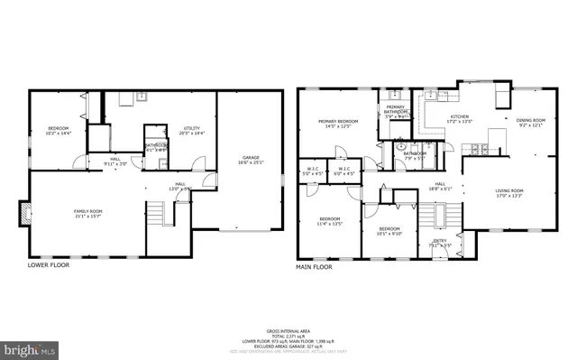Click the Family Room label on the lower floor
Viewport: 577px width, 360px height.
87,213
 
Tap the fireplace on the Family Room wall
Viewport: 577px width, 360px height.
26,215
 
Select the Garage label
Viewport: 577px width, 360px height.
249,160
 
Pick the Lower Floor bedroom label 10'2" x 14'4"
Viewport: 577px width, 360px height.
58,131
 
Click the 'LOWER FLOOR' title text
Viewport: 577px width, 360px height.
48,265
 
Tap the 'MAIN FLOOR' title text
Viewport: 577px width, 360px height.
315,266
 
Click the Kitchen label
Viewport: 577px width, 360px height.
460,119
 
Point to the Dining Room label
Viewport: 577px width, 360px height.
531,122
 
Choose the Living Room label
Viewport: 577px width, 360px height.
509,192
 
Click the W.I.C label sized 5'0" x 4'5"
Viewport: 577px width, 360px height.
313,171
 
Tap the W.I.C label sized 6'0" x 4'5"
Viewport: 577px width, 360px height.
344,171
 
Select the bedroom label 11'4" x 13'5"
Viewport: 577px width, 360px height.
330,220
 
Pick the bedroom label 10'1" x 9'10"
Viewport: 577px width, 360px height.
389,231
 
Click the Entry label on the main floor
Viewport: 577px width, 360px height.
440,243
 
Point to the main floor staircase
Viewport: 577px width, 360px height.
429,217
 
